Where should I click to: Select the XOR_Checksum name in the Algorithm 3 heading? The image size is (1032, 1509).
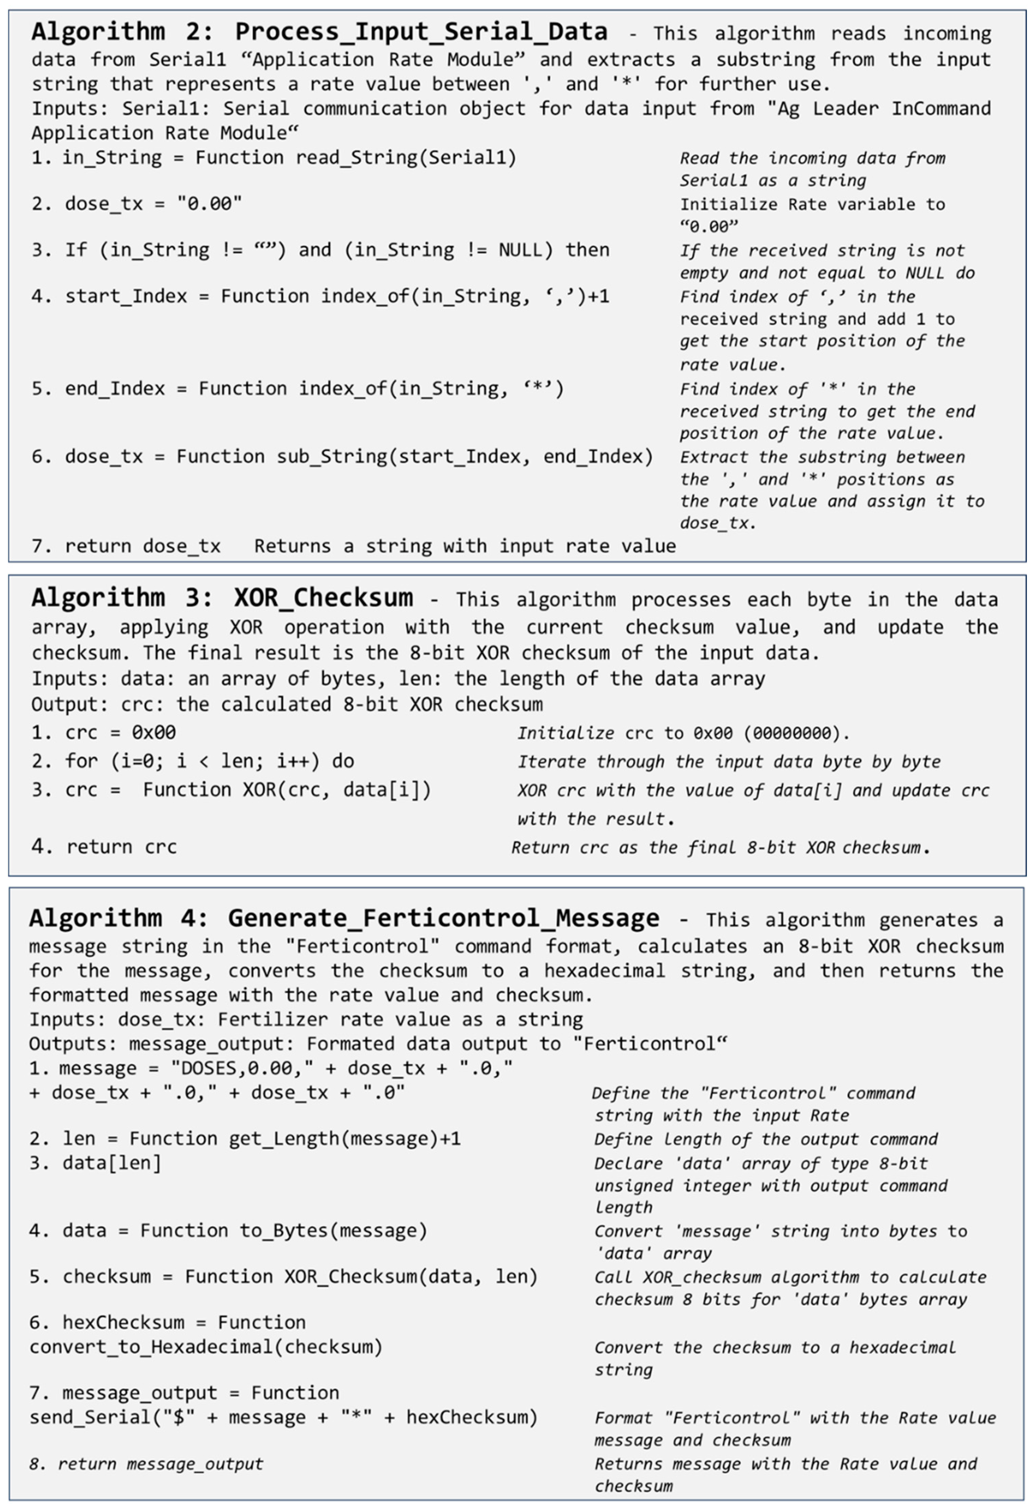pos(323,597)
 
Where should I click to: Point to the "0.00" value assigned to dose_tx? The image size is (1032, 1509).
pos(209,204)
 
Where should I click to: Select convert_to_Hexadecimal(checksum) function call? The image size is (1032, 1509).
pos(206,1347)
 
